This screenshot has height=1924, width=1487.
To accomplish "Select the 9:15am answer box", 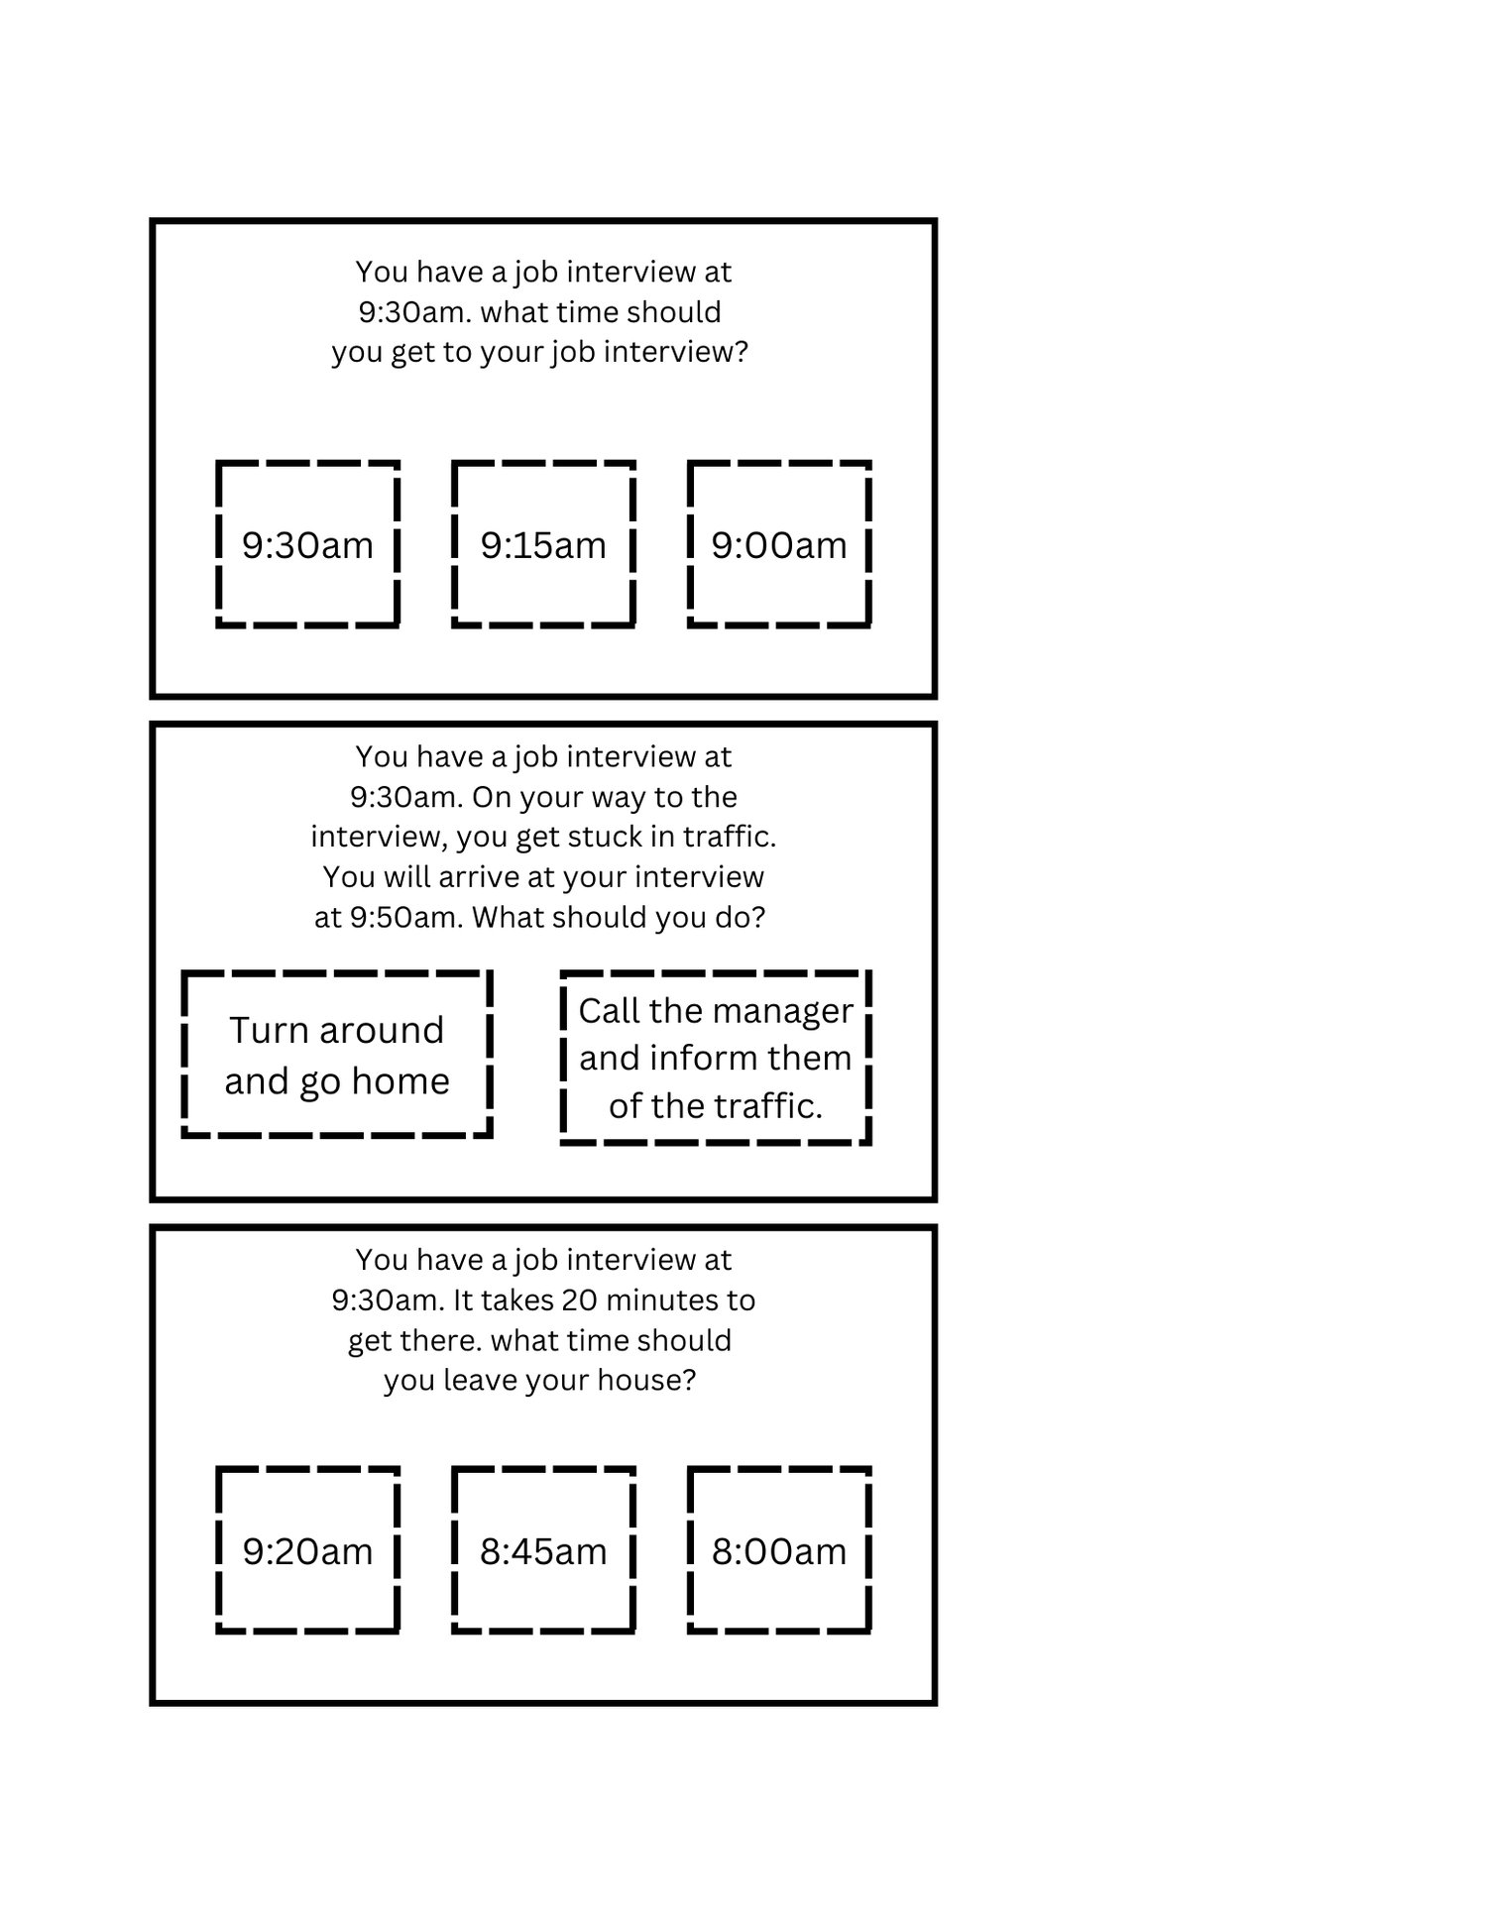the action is point(543,544).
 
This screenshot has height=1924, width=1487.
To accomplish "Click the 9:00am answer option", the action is point(779,544).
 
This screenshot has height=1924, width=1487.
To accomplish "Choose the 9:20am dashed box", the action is point(307,1550).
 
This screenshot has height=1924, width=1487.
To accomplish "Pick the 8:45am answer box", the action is point(543,1550).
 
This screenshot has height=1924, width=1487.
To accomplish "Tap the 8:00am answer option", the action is point(779,1550).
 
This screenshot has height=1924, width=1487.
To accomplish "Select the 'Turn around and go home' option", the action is point(337,1055).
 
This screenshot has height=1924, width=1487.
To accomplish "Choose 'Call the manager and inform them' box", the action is point(716,1058).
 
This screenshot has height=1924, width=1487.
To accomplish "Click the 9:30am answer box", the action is point(307,544).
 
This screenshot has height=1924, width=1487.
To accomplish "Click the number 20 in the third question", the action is point(579,1300).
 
